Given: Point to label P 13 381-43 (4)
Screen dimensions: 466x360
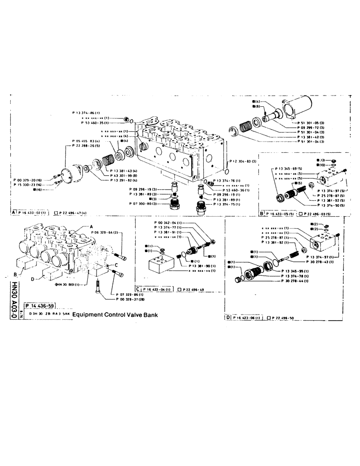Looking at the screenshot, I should click(x=123, y=171).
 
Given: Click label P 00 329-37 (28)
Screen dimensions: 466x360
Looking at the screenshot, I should click(x=129, y=300).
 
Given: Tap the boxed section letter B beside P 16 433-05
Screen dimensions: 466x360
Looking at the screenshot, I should click(x=262, y=213).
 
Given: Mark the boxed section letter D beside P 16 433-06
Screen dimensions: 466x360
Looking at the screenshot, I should click(x=227, y=318).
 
